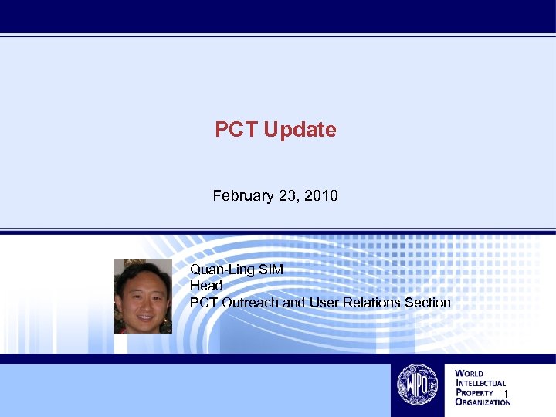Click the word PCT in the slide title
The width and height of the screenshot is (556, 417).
[236, 130]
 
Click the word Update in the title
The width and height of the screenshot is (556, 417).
[300, 130]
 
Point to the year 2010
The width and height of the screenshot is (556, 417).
[321, 196]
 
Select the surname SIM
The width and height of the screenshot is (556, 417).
[271, 270]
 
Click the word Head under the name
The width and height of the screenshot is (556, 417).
[206, 286]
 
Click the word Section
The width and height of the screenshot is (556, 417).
[427, 303]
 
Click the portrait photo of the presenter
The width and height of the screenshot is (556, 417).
[143, 297]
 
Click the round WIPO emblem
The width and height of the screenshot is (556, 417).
[417, 384]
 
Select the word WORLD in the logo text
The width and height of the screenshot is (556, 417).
[470, 374]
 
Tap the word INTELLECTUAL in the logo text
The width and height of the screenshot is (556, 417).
[481, 383]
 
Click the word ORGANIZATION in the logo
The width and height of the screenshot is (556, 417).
[483, 402]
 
